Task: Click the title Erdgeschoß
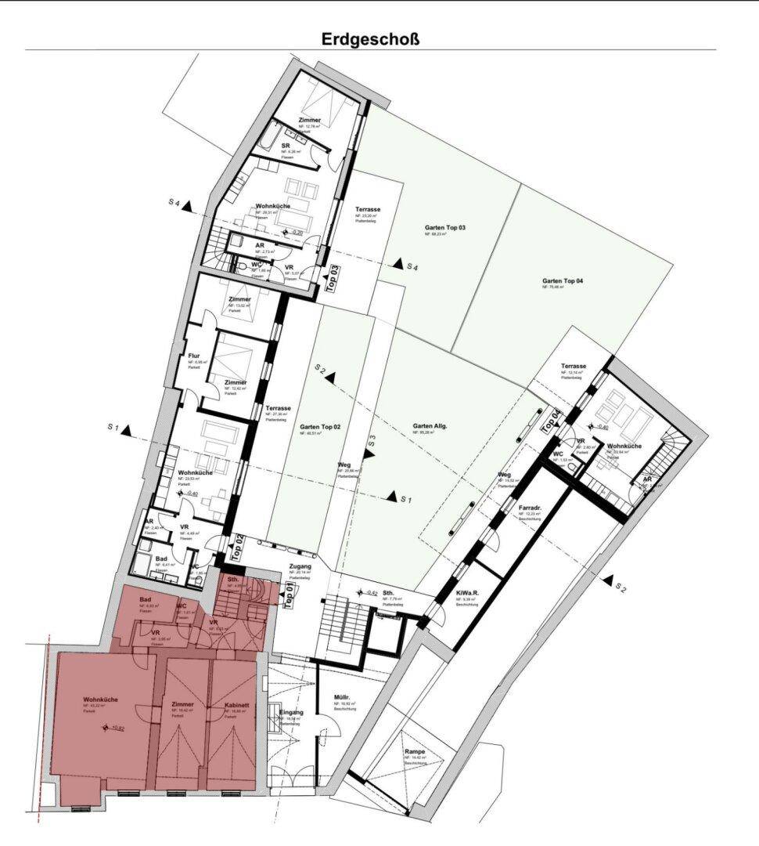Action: tap(370, 38)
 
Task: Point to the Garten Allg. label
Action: tap(430, 426)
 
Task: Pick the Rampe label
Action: tap(415, 752)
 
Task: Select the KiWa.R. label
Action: tap(468, 593)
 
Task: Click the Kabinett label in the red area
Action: tap(236, 705)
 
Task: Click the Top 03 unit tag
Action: tap(332, 279)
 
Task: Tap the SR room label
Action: tap(286, 146)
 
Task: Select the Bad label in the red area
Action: tap(146, 601)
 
